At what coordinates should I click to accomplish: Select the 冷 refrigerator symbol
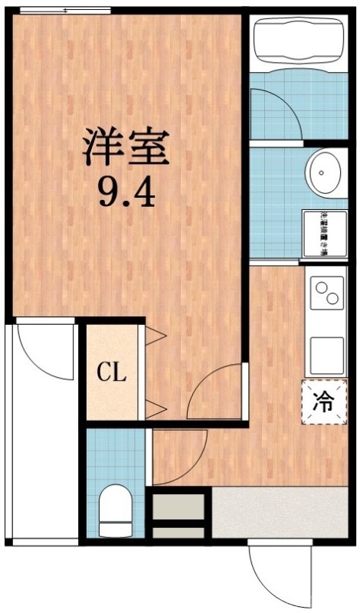point(324,401)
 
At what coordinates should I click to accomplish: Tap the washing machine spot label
point(324,232)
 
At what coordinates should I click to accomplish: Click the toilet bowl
point(116,506)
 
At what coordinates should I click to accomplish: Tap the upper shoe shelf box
point(179,506)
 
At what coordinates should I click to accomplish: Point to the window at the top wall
point(65,11)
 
